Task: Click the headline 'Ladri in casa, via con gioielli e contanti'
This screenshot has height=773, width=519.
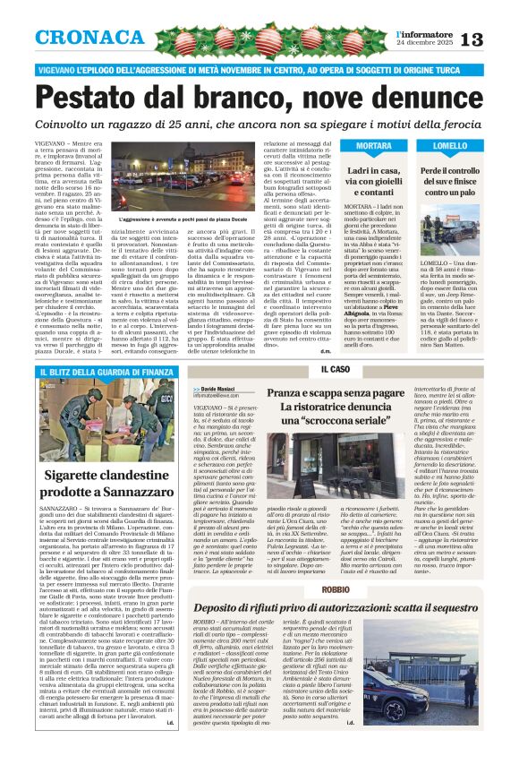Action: coord(374,180)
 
